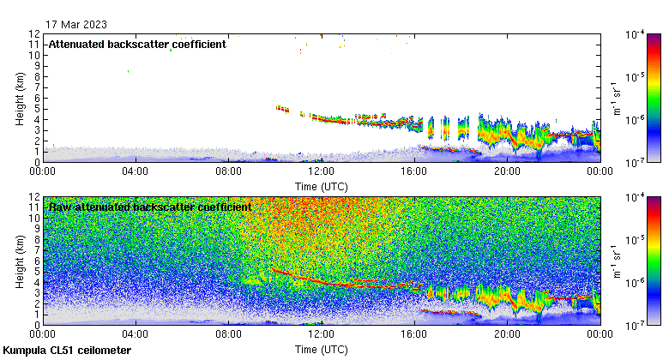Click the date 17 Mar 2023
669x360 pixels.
pyautogui.click(x=77, y=24)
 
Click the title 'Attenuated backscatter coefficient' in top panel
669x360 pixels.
pyautogui.click(x=137, y=45)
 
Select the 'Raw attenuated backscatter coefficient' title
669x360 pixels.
pyautogui.click(x=150, y=207)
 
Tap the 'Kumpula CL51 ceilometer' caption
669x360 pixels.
pyautogui.click(x=67, y=351)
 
